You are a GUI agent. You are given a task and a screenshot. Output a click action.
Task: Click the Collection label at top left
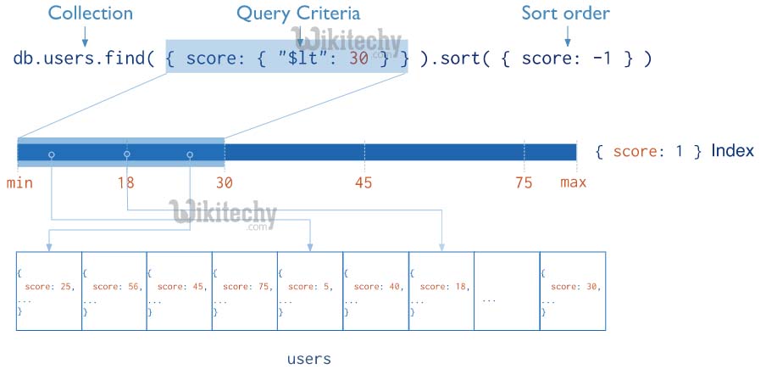click(x=90, y=14)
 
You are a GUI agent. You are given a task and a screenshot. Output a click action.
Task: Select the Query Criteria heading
click(x=297, y=14)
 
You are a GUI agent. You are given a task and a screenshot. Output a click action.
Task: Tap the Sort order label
click(x=565, y=14)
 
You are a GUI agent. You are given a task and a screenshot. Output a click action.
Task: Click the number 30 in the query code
click(x=358, y=59)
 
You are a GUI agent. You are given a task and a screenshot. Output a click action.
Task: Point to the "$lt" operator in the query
click(x=317, y=59)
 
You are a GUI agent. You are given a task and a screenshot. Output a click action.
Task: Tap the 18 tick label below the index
click(x=125, y=182)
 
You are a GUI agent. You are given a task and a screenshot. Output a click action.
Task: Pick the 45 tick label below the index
click(x=364, y=182)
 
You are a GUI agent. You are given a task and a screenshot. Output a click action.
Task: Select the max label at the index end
click(x=573, y=182)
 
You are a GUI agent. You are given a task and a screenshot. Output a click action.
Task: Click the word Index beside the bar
click(x=732, y=151)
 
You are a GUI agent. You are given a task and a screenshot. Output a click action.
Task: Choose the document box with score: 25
click(x=48, y=290)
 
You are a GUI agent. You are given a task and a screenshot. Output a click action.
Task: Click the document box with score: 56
click(x=114, y=290)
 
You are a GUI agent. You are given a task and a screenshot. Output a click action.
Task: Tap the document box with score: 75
click(x=244, y=290)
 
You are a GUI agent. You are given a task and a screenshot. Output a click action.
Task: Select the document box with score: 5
click(x=309, y=290)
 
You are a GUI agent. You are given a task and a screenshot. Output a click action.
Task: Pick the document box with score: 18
click(x=441, y=290)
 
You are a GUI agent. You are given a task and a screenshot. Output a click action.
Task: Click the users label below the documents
click(x=308, y=359)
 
